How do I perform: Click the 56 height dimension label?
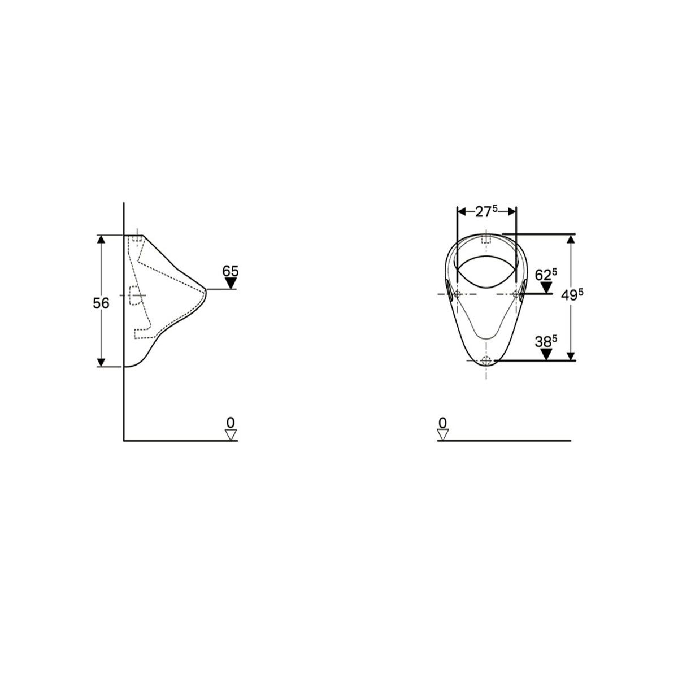101,303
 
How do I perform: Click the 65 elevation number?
231,271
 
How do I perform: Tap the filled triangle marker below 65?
231,283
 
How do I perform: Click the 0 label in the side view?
231,422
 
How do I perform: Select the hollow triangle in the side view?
231,434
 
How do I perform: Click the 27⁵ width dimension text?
486,211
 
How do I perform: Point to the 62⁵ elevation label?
546,275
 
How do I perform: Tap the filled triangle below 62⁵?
546,288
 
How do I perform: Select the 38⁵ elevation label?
546,342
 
